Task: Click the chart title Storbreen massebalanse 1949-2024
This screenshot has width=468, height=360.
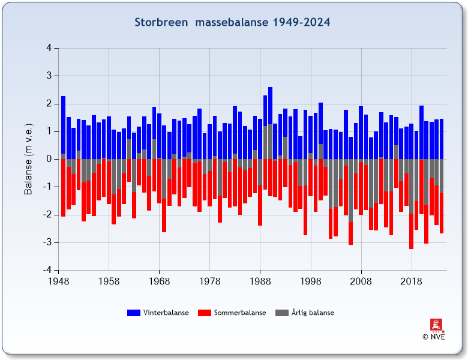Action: tap(232, 22)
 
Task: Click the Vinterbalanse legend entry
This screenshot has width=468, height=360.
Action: tap(166, 313)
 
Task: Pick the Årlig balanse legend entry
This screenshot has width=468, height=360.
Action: tap(313, 313)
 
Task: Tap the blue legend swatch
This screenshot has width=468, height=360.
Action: tap(133, 313)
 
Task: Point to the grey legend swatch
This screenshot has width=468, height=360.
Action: tap(281, 313)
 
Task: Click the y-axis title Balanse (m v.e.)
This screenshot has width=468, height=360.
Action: tap(28, 159)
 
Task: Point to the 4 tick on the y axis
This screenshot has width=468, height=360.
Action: tap(49, 48)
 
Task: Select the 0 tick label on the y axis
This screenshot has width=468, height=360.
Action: tap(49, 159)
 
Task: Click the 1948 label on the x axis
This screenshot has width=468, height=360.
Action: tap(58, 281)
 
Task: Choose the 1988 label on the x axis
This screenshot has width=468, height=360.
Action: tap(260, 281)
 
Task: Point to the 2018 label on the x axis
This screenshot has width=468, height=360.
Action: tap(411, 281)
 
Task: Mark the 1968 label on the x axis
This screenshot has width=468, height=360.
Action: tap(159, 281)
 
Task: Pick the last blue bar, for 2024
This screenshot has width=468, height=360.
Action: tap(442, 139)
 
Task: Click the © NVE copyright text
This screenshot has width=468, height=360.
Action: tap(434, 337)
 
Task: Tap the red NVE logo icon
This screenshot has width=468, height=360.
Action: tap(434, 325)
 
